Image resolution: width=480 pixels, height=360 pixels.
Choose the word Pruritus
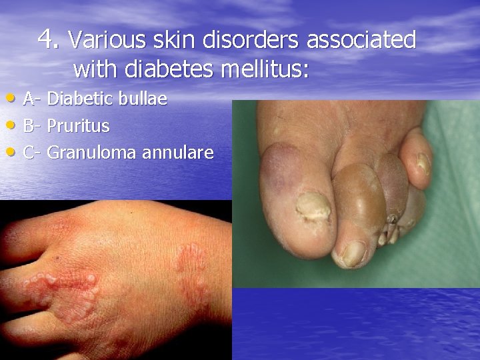[79, 126]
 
